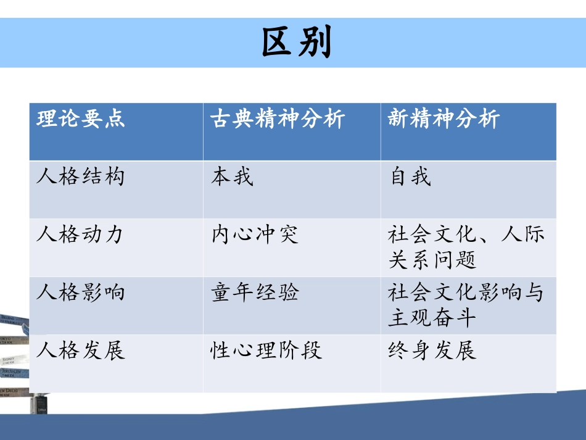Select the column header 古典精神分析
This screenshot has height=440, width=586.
(x=278, y=118)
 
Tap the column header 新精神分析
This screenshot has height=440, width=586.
(x=444, y=118)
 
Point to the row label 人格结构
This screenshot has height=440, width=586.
(x=81, y=177)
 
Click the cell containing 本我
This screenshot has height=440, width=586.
(x=232, y=177)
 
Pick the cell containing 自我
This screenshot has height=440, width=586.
(x=410, y=177)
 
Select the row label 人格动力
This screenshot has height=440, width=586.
(x=81, y=235)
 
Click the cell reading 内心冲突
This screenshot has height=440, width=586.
(x=255, y=235)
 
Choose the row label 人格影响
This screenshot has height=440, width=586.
(x=81, y=291)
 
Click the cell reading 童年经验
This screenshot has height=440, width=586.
(x=255, y=292)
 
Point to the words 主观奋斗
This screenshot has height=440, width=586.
(x=432, y=318)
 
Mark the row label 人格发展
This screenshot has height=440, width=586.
(x=81, y=350)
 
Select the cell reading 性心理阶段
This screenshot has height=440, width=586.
(x=266, y=350)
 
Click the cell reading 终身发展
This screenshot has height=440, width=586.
(x=432, y=350)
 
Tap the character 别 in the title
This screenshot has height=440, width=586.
(x=315, y=43)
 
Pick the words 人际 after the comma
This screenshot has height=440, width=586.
(x=522, y=235)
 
